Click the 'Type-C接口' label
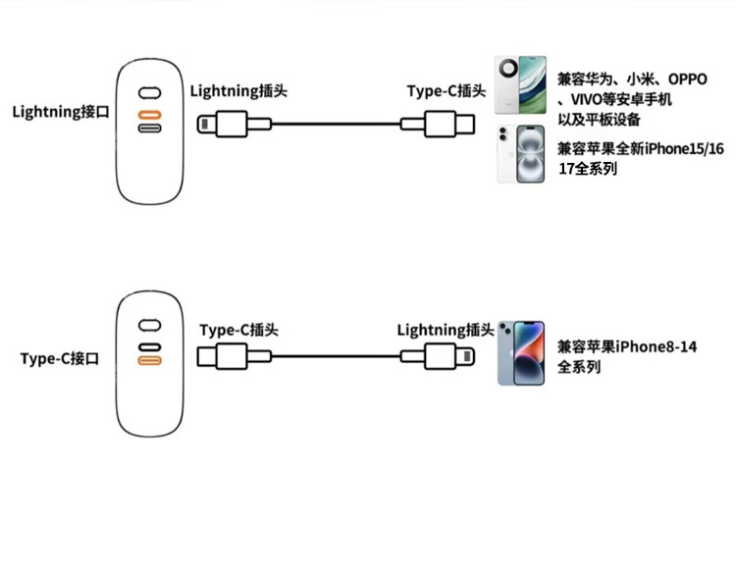[60, 359]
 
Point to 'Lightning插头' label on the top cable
[238, 91]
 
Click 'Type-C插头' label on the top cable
[447, 91]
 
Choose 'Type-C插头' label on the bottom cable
[238, 331]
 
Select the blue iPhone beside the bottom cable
[520, 352]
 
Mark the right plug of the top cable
[452, 124]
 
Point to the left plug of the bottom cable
[226, 355]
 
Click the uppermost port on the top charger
[149, 93]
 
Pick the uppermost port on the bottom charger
[149, 325]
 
